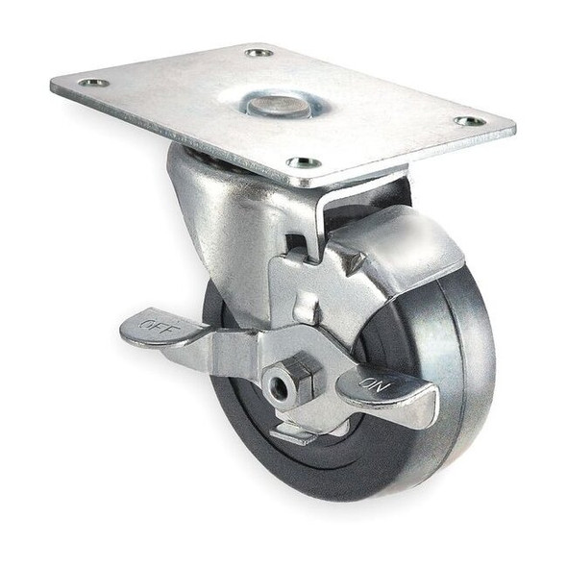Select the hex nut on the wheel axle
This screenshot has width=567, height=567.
(x=288, y=381)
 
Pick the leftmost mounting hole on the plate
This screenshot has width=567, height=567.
(x=93, y=84)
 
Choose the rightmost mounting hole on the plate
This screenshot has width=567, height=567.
(x=470, y=121)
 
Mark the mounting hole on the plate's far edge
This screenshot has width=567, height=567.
(x=259, y=52)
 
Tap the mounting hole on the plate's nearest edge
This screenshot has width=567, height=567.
(x=304, y=162)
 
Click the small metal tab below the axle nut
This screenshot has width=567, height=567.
(x=294, y=432)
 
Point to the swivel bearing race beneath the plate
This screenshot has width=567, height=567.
(x=192, y=154)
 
